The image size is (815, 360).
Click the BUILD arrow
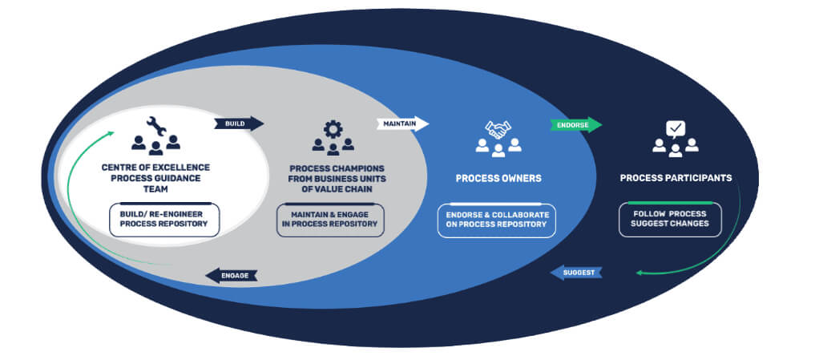(x=238, y=123)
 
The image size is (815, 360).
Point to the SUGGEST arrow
(x=576, y=273)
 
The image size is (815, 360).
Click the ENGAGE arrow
(x=231, y=275)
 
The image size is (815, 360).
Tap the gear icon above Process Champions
(x=333, y=128)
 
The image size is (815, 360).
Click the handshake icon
(x=498, y=128)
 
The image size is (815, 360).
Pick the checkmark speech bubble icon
(x=676, y=127)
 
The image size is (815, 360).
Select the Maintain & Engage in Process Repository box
(x=331, y=219)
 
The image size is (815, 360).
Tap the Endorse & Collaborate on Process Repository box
(x=497, y=219)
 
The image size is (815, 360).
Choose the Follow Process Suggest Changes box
(x=670, y=219)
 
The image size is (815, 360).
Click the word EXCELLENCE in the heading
(x=183, y=167)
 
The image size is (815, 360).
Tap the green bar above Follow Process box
(x=670, y=203)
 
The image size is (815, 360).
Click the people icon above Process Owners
(x=498, y=146)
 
